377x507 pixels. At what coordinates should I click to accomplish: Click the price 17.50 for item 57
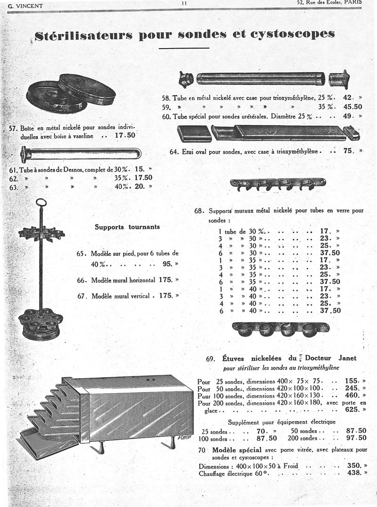pos(125,135)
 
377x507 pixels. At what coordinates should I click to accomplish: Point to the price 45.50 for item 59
pos(353,107)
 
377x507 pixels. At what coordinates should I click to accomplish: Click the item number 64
pos(174,152)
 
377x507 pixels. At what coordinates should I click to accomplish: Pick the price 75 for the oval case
pos(349,151)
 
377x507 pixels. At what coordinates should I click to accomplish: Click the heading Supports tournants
pos(127,227)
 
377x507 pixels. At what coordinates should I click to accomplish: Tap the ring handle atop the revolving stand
pos(41,203)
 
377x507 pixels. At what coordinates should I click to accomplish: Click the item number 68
pos(199,211)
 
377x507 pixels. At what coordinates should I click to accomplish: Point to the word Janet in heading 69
pos(346,358)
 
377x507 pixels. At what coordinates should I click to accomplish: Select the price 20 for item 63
pos(140,186)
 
